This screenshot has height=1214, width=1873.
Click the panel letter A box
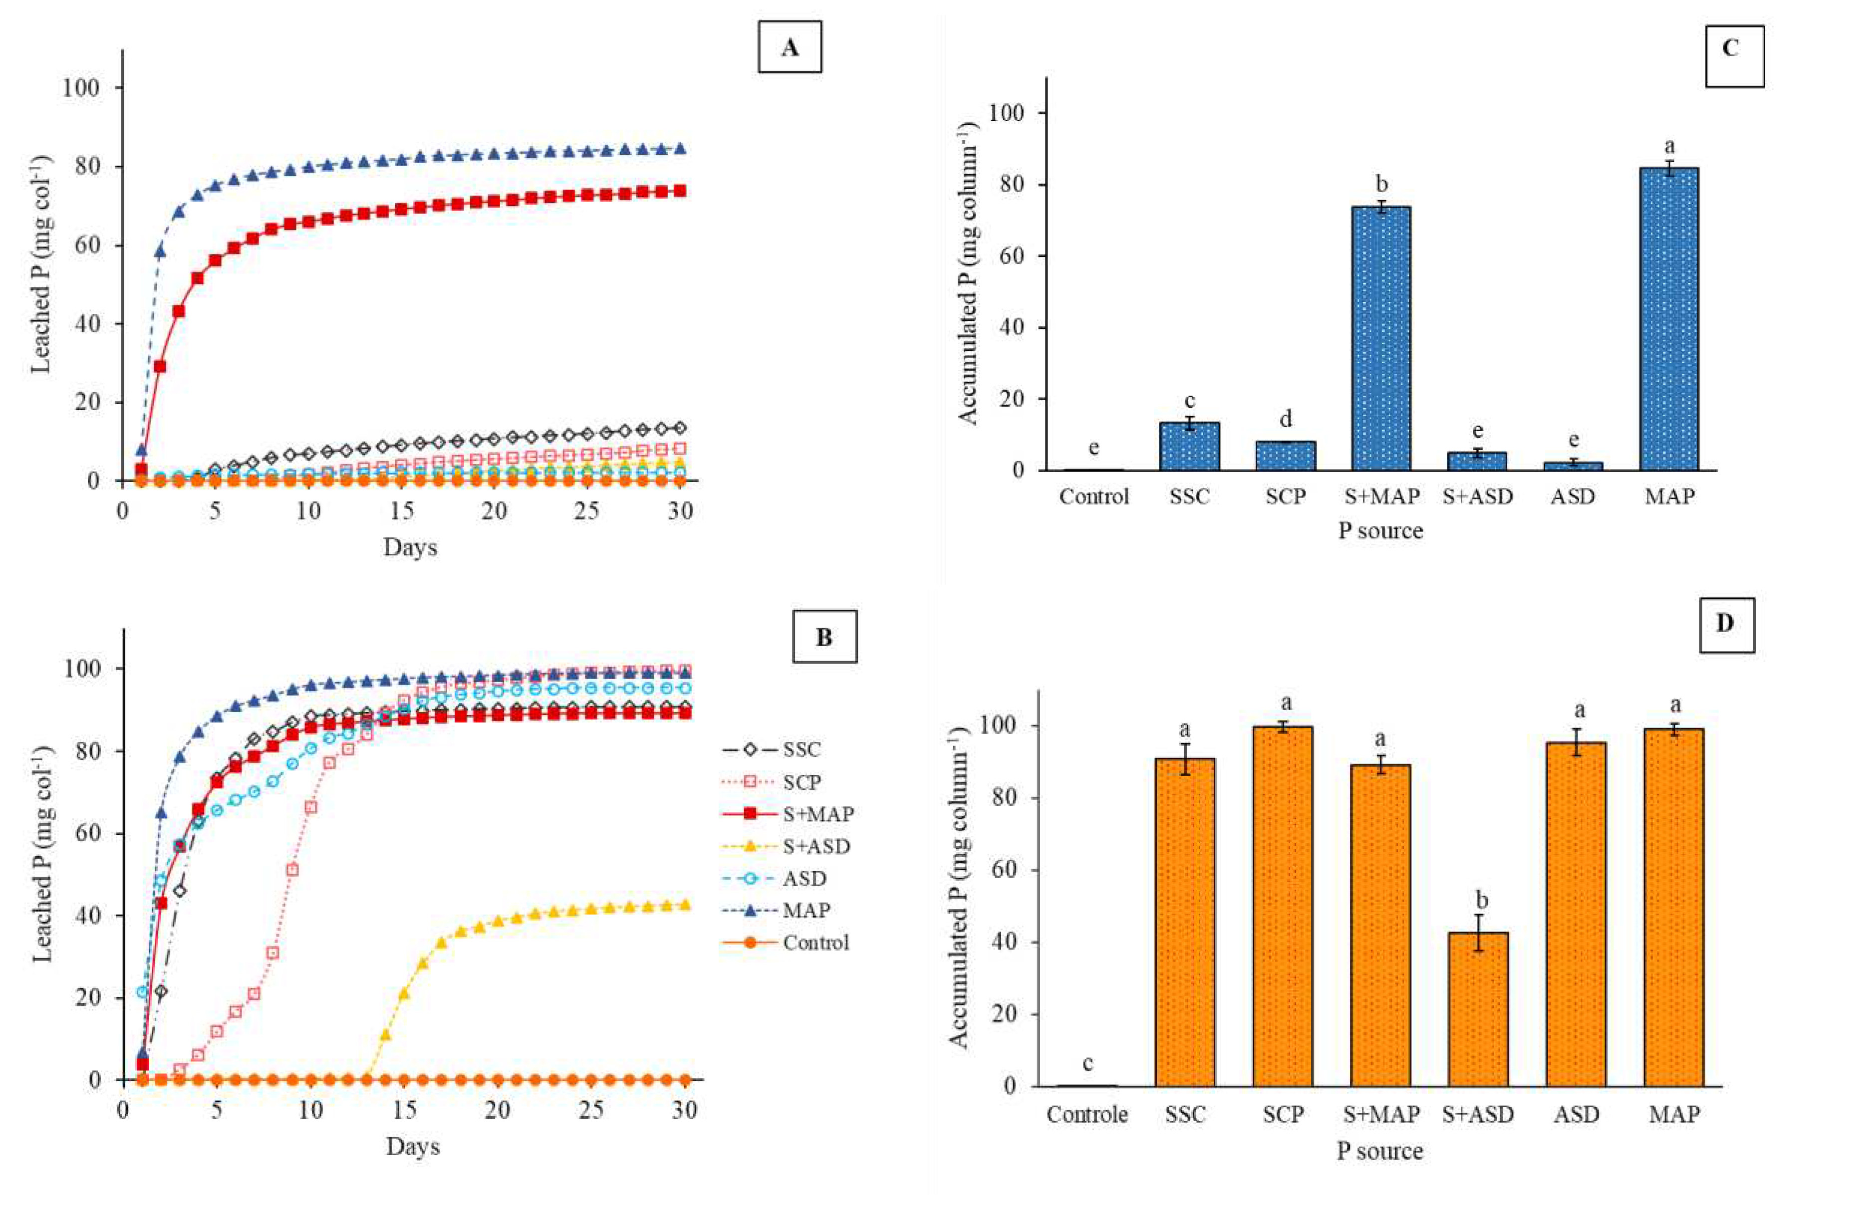point(790,47)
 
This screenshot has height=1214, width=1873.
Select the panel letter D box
point(1727,624)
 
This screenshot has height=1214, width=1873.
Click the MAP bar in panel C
point(1669,319)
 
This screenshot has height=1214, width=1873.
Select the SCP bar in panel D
point(1283,906)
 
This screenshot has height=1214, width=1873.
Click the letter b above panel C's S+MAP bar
point(1382,184)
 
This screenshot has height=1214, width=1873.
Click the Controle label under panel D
point(1087,1115)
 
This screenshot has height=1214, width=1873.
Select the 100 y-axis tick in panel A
point(81,87)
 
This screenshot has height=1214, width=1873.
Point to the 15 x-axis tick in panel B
point(405,1110)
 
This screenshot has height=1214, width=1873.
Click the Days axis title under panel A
point(410,547)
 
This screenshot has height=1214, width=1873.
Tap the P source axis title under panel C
point(1380,531)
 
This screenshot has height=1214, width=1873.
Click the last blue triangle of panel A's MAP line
point(682,148)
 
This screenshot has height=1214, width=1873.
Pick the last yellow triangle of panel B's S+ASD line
point(685,905)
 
